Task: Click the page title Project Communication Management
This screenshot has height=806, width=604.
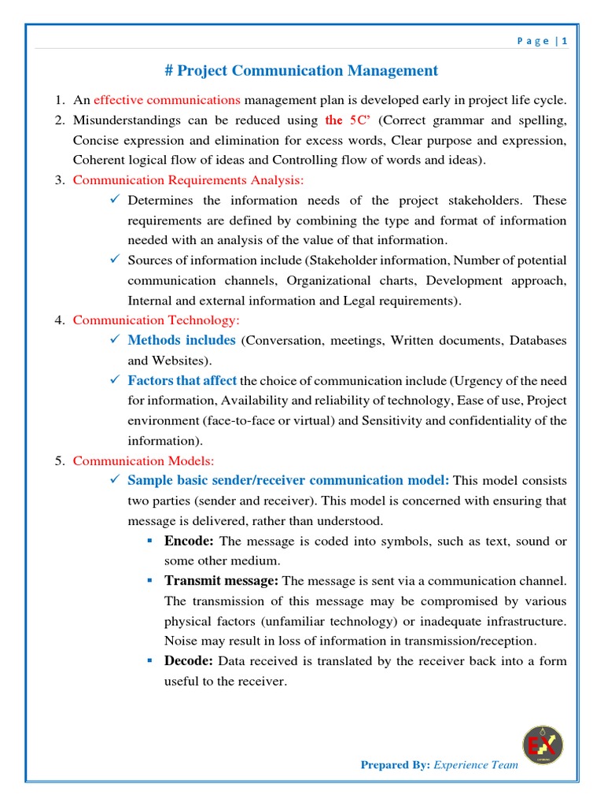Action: pos(301,71)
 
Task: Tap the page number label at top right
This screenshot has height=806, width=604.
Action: pos(542,42)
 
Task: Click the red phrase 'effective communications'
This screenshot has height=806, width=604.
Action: pos(167,100)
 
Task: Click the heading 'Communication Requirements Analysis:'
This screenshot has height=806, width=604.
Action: pos(188,180)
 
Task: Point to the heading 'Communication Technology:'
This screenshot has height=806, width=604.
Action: pos(156,320)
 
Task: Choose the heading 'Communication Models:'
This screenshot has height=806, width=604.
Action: pos(143,460)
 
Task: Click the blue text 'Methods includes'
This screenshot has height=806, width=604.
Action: pos(182,340)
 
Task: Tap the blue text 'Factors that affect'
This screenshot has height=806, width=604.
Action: pos(182,380)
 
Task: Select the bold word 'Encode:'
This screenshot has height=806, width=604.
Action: pos(189,541)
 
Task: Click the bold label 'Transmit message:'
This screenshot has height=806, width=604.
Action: pos(221,581)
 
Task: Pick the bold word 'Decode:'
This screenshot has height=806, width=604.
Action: pos(189,661)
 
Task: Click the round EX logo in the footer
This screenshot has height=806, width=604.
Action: pos(543,745)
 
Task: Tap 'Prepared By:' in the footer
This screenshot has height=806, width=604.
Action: pos(395,764)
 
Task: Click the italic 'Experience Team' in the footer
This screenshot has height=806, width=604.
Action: pos(476,764)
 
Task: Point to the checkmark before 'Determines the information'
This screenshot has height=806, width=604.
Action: pos(114,200)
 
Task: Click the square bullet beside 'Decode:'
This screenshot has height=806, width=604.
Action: pos(149,661)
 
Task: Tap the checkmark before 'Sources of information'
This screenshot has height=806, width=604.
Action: pos(114,260)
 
